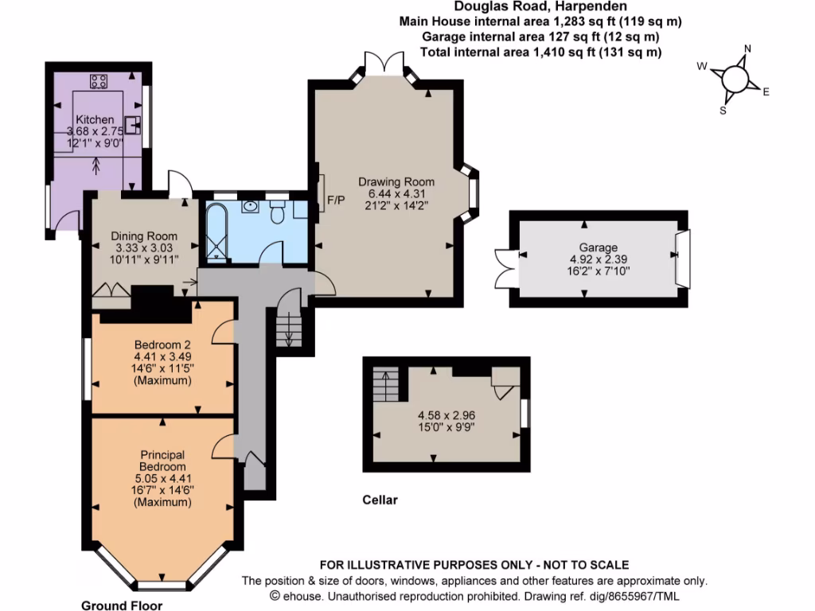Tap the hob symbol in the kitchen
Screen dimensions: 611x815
(x=99, y=80)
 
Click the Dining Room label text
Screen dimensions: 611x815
(x=143, y=235)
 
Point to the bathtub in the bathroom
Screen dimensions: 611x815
(x=216, y=231)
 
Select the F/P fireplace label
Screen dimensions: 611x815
(x=336, y=200)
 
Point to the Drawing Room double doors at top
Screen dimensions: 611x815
(x=384, y=64)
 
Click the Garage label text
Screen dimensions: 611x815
(x=599, y=247)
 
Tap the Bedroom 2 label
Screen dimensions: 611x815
(x=162, y=344)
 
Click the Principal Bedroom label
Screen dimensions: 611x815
(x=162, y=461)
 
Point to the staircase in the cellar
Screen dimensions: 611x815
(x=387, y=386)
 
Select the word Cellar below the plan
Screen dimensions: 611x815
(x=380, y=500)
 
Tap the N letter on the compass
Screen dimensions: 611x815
(x=747, y=49)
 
